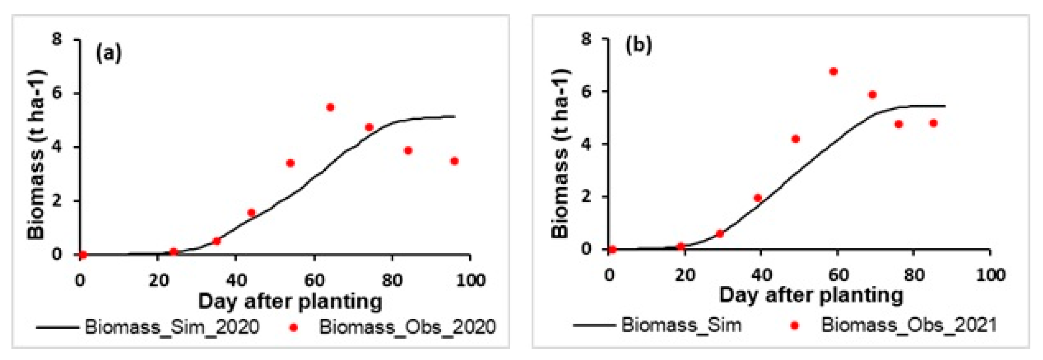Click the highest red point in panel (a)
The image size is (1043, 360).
pyautogui.click(x=330, y=107)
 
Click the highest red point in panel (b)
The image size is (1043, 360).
pyautogui.click(x=833, y=72)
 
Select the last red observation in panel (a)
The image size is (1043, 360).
pyautogui.click(x=454, y=161)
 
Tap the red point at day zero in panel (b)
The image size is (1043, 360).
pyautogui.click(x=612, y=249)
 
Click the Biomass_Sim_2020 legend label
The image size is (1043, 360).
pyautogui.click(x=172, y=326)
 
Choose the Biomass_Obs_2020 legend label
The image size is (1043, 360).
pyautogui.click(x=407, y=326)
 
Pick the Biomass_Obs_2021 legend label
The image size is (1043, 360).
pyautogui.click(x=909, y=325)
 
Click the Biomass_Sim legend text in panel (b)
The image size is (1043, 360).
pyautogui.click(x=681, y=325)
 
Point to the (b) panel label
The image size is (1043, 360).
pyautogui.click(x=639, y=45)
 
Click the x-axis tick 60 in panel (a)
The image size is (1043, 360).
pyautogui.click(x=315, y=280)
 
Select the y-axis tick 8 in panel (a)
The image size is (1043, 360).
pyautogui.click(x=57, y=39)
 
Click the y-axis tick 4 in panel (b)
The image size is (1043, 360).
pyautogui.click(x=586, y=144)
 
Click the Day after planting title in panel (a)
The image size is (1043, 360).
pyautogui.click(x=290, y=302)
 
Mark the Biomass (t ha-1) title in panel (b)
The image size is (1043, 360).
pyautogui.click(x=561, y=154)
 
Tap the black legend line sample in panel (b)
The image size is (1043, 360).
pyautogui.click(x=594, y=325)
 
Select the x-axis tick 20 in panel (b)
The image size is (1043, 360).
pyautogui.click(x=685, y=275)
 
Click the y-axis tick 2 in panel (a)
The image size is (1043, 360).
pyautogui.click(x=57, y=200)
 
